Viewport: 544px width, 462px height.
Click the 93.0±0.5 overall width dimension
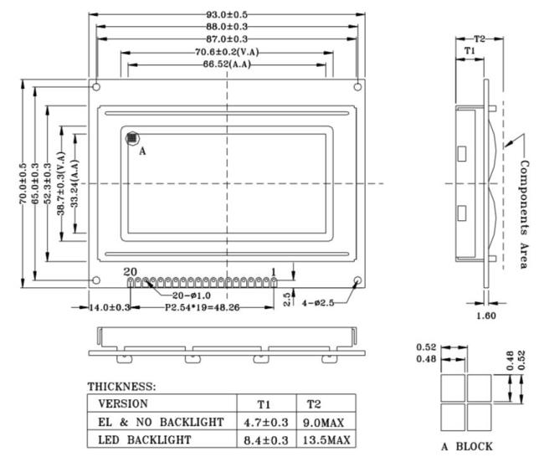click(x=227, y=14)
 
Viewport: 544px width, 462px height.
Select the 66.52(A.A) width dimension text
click(x=227, y=64)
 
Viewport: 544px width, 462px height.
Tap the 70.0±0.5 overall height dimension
click(x=23, y=183)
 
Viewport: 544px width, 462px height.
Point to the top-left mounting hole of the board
click(x=96, y=87)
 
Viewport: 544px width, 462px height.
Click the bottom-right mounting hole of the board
click(x=357, y=280)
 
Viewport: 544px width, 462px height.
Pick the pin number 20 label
click(x=130, y=271)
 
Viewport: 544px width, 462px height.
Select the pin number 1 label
click(x=274, y=272)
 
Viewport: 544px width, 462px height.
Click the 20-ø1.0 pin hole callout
click(x=192, y=295)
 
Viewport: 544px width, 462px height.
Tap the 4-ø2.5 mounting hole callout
click(x=318, y=303)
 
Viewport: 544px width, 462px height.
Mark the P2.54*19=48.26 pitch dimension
click(x=202, y=308)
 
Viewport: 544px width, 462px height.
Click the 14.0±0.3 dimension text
click(x=110, y=308)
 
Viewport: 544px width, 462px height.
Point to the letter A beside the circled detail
click(x=142, y=151)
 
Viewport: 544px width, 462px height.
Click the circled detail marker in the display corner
click(x=132, y=138)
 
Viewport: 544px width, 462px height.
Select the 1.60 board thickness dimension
click(x=486, y=316)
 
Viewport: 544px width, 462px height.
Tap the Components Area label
click(x=524, y=214)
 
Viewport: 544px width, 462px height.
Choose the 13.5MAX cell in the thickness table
click(x=326, y=440)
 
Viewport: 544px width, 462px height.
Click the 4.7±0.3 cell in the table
click(x=266, y=422)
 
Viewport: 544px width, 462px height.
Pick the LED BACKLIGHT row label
click(x=144, y=439)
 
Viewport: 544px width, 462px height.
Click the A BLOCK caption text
click(x=467, y=446)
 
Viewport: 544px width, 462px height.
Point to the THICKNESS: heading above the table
click(x=122, y=387)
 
